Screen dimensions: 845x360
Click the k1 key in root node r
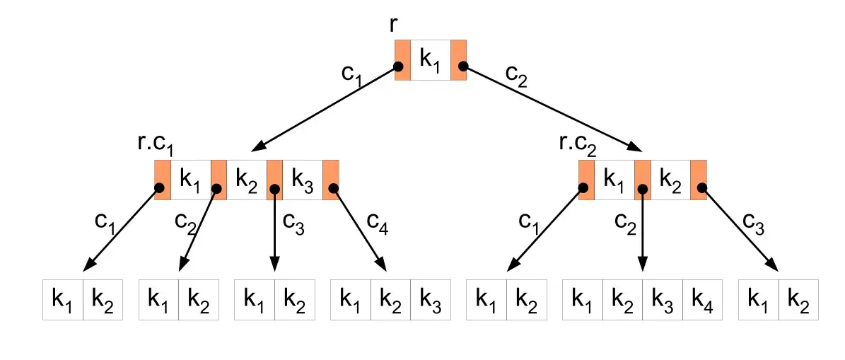[x=430, y=60]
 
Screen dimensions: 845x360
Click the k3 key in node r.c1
[x=303, y=180]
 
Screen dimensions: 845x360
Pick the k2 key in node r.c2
[x=671, y=180]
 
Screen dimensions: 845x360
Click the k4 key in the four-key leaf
[x=703, y=300]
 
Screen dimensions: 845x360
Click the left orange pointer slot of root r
[x=402, y=60]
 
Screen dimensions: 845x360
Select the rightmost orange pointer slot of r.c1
[x=331, y=180]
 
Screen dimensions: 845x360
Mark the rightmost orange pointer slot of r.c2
[x=699, y=180]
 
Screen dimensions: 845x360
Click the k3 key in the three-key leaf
[x=431, y=300]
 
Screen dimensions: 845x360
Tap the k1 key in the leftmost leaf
[x=63, y=300]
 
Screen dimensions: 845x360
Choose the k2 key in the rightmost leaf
[x=798, y=300]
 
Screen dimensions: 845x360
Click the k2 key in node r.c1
[x=247, y=180]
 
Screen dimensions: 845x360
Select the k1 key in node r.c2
[x=614, y=180]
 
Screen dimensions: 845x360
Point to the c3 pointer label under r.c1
[x=293, y=223]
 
